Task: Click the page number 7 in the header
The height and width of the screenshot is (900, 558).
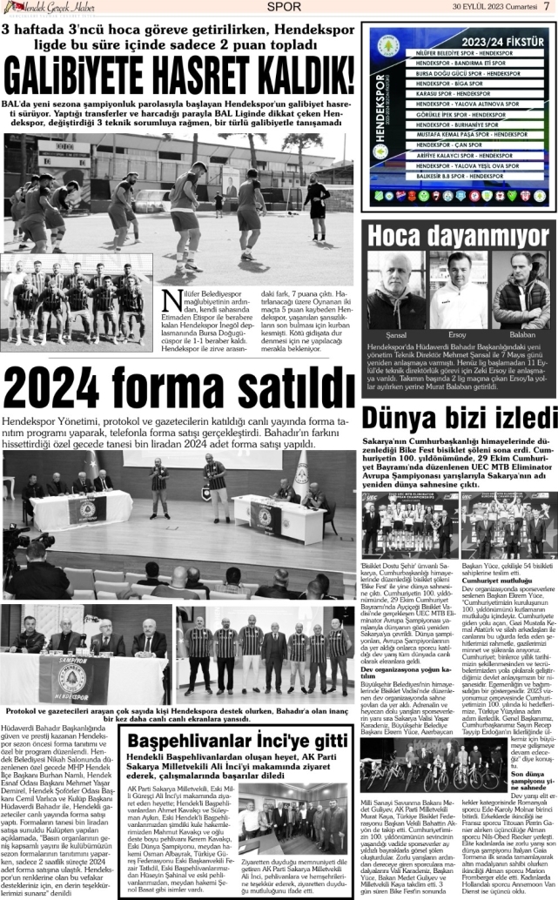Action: click(546, 7)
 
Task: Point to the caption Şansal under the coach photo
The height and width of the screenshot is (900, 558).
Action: click(396, 334)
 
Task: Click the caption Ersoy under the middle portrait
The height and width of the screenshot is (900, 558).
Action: click(458, 334)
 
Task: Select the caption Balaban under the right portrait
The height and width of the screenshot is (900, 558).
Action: click(521, 334)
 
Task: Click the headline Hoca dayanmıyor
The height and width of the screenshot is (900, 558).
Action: click(458, 235)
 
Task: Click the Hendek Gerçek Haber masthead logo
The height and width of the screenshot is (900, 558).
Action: click(50, 8)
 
